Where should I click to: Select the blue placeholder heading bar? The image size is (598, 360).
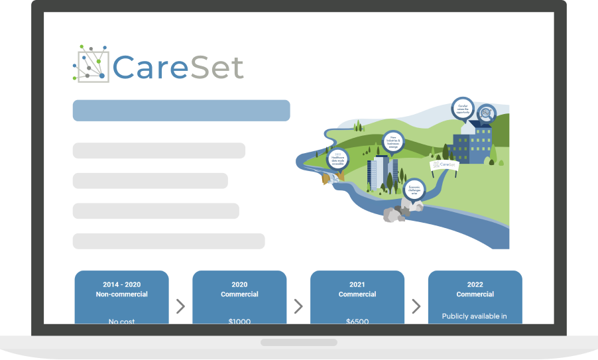(x=181, y=111)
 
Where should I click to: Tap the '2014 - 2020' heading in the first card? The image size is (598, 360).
(x=121, y=284)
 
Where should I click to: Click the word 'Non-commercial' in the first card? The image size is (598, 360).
(x=121, y=294)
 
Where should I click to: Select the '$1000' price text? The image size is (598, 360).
(x=239, y=322)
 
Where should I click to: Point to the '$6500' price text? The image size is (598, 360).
(x=357, y=322)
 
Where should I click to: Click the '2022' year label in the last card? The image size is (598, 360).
(x=475, y=284)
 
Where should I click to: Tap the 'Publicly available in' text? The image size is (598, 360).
(x=475, y=316)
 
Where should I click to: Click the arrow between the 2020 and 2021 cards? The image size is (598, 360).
(x=298, y=306)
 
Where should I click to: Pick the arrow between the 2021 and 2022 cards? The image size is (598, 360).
(x=416, y=306)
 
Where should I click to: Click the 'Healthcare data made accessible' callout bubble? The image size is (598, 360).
(x=337, y=158)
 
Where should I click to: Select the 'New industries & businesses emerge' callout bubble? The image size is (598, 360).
(x=393, y=141)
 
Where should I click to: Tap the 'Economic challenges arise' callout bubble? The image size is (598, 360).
(x=414, y=188)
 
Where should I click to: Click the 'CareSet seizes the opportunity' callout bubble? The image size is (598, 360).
(x=463, y=107)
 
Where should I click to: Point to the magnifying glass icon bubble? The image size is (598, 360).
(x=487, y=114)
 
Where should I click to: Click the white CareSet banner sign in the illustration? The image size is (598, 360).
(x=445, y=164)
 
